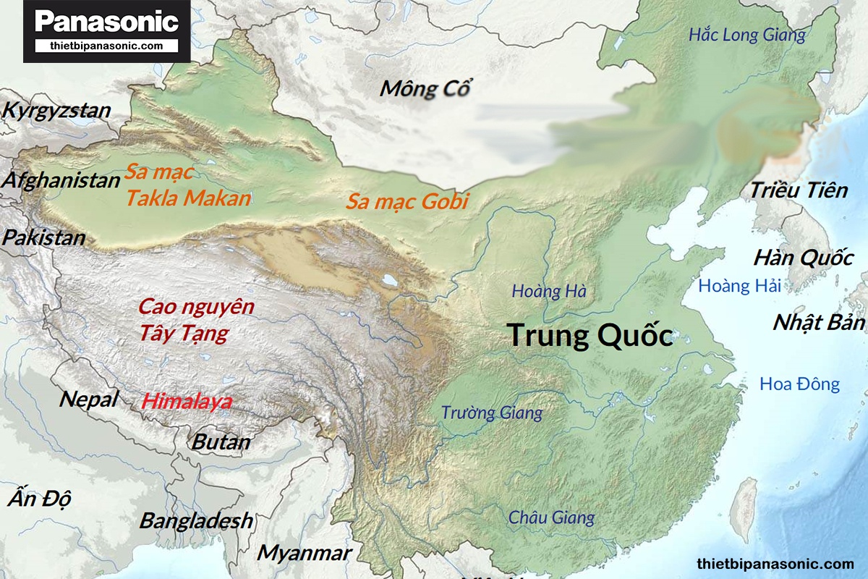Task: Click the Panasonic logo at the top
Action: tap(106, 22)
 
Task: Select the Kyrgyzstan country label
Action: tap(57, 111)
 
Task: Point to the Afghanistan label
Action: tap(61, 180)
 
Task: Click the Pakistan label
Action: tap(44, 237)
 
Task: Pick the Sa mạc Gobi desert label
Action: tap(407, 201)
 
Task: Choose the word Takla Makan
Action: tap(188, 198)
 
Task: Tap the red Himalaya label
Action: tap(187, 401)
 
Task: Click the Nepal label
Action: tap(88, 399)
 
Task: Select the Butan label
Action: tap(221, 441)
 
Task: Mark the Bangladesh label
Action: tap(196, 520)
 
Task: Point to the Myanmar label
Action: tap(305, 553)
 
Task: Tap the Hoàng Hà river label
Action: tap(549, 292)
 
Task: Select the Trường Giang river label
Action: tap(492, 413)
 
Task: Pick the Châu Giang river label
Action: tap(551, 517)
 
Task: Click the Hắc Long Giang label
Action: tap(746, 35)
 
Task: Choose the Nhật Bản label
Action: tap(819, 323)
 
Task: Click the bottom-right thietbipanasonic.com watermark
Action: tap(775, 563)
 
